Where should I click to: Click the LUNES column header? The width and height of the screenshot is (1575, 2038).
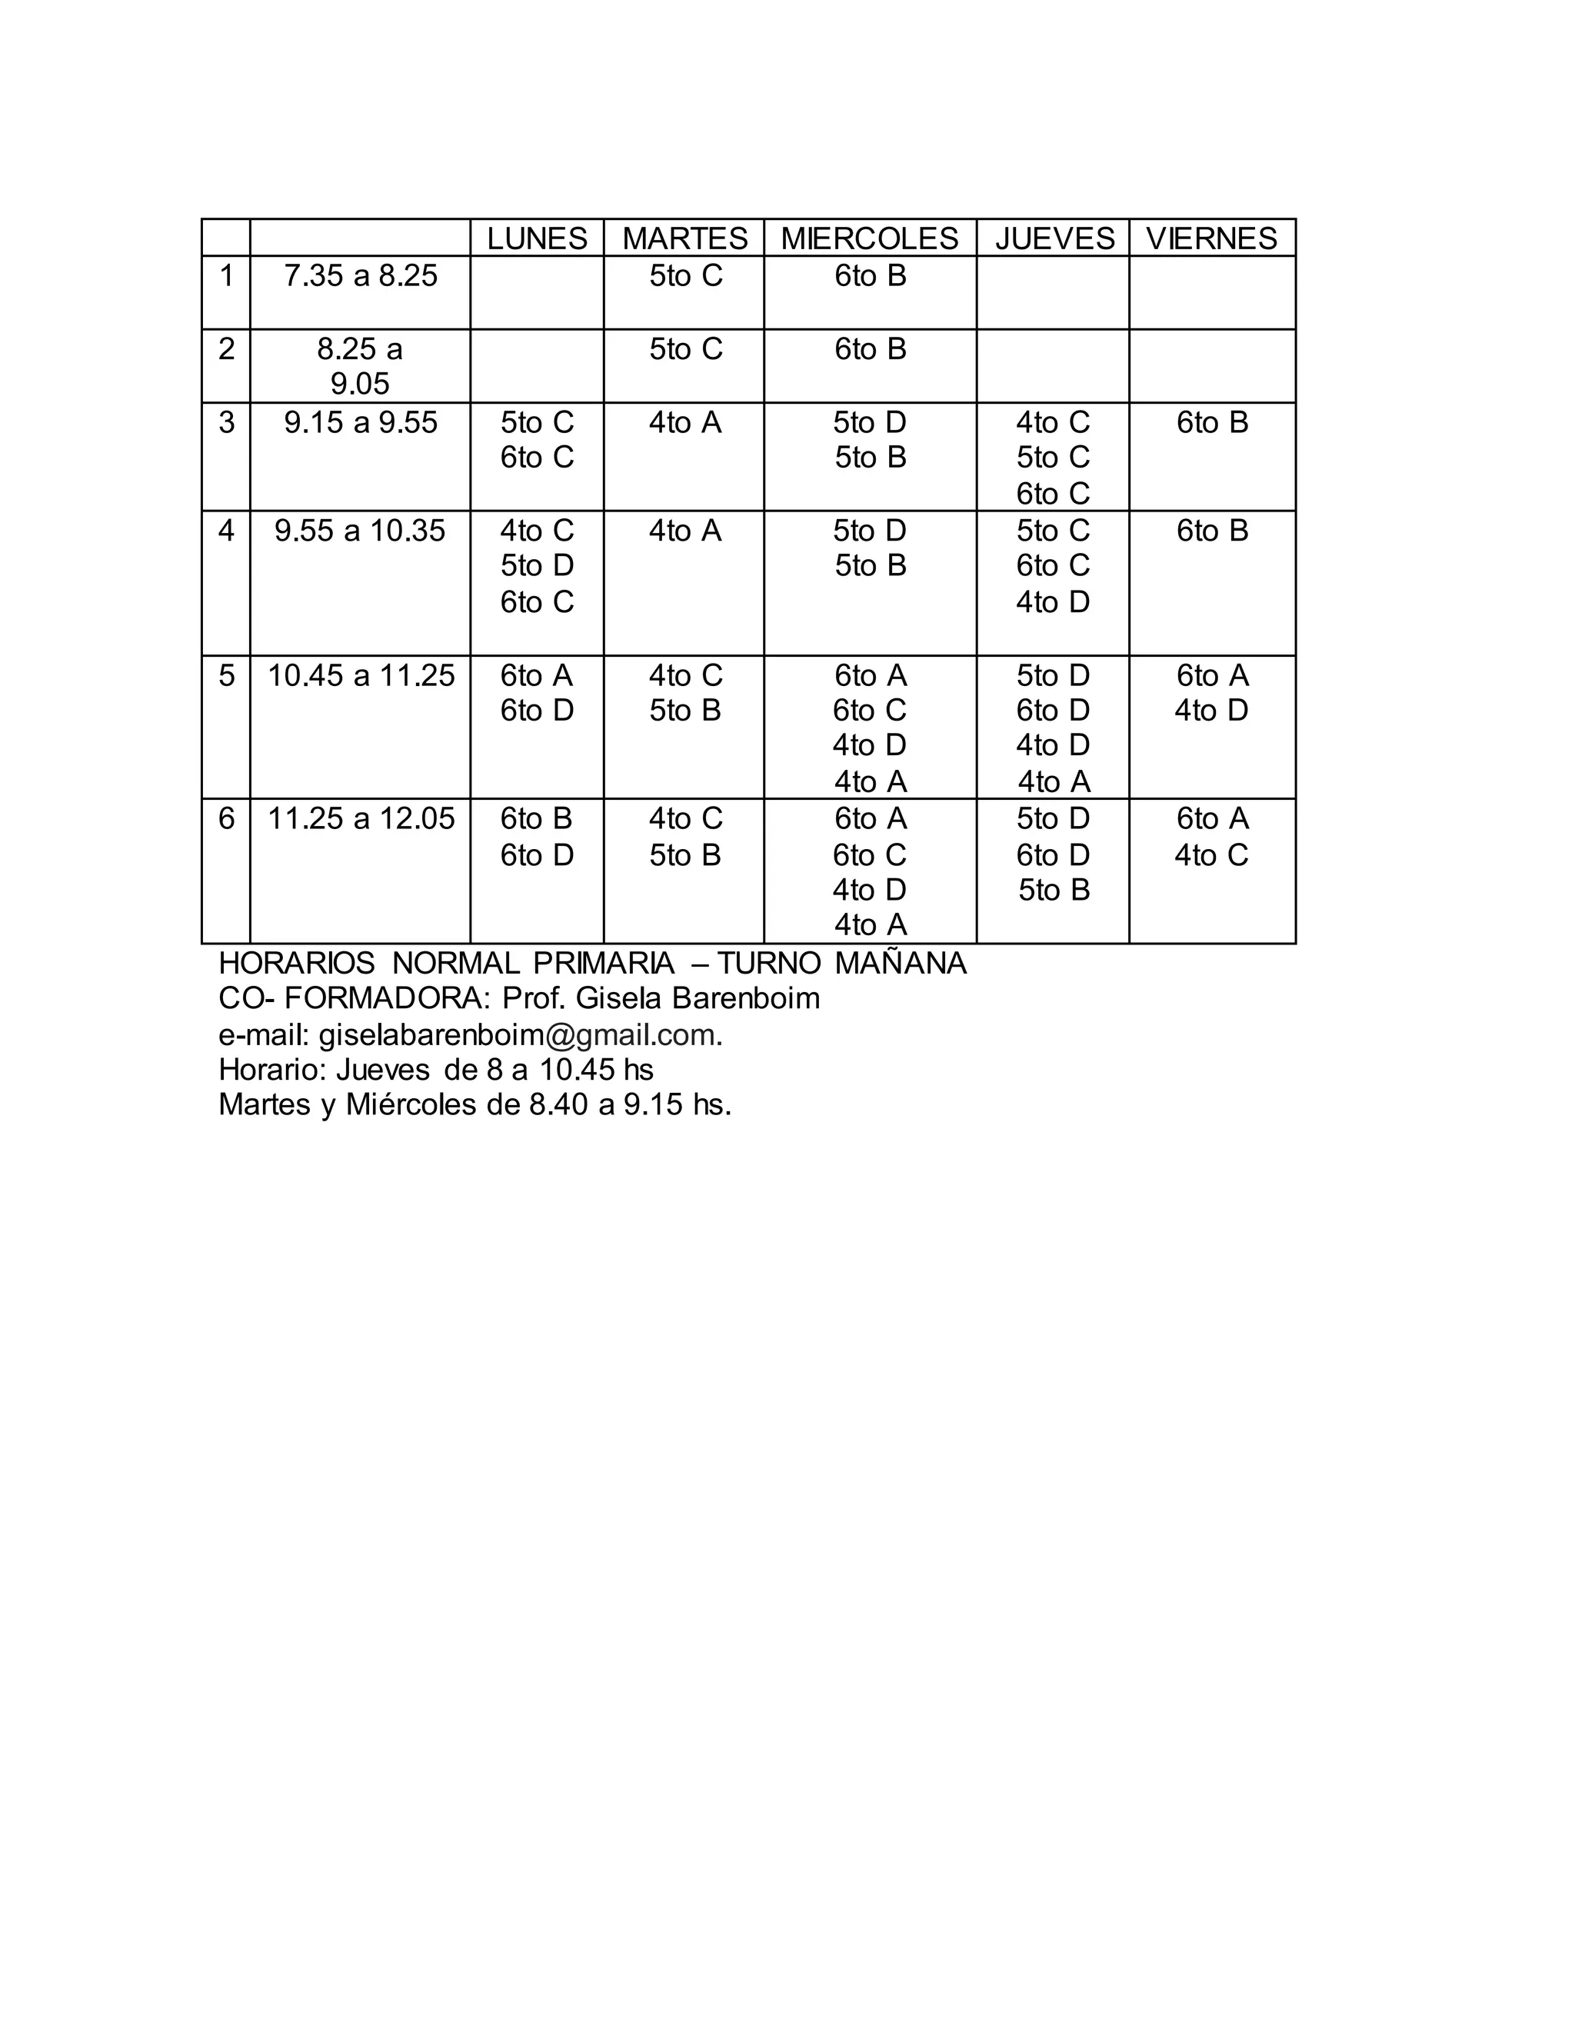[537, 239]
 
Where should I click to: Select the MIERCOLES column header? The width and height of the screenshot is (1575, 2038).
[870, 239]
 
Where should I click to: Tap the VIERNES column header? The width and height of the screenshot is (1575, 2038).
[1211, 239]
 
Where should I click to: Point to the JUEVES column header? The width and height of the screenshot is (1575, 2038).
[1054, 239]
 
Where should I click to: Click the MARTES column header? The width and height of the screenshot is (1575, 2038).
[685, 239]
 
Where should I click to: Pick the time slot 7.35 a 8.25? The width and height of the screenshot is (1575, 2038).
[360, 276]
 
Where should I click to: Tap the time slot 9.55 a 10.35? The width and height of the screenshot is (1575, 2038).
[360, 531]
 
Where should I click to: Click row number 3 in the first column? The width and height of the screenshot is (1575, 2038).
[227, 423]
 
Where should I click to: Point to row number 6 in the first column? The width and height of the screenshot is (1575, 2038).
[227, 819]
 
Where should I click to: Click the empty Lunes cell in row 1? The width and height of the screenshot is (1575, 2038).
[537, 292]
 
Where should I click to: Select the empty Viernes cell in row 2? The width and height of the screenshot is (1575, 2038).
[1211, 366]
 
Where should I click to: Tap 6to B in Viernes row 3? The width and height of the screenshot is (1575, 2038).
[1212, 423]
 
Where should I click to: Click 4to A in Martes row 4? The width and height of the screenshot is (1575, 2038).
[685, 531]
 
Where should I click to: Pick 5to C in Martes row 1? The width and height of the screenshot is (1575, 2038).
[686, 276]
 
